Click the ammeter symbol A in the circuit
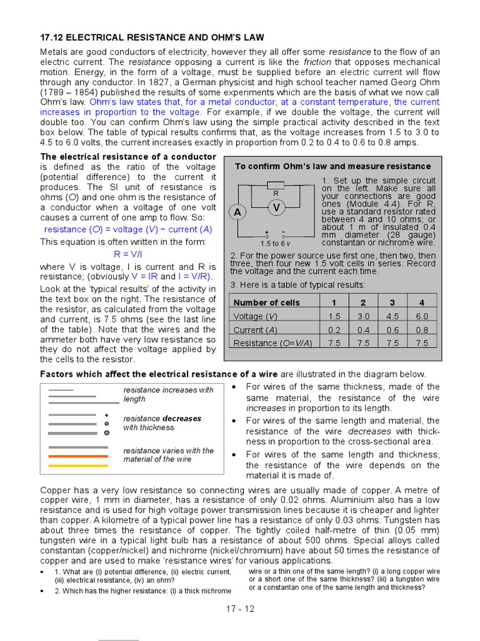[237, 212]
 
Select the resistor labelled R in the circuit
[276, 185]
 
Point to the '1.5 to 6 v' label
[275, 243]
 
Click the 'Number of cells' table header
[266, 302]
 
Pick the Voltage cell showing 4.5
[392, 316]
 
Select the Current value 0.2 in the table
[334, 330]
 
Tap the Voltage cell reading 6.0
[422, 316]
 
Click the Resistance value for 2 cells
[364, 343]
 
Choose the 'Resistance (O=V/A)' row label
[272, 343]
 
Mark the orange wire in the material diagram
[78, 456]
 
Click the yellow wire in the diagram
[78, 466]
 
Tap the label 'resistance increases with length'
[168, 394]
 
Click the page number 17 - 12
[240, 608]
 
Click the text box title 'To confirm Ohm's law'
[332, 166]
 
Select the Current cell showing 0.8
[422, 330]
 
